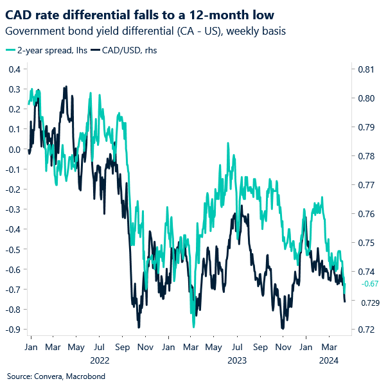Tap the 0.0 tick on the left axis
[x=13, y=149]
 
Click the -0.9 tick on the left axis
[x=12, y=329]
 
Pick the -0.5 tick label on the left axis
[x=12, y=249]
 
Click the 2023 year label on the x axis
[x=236, y=360]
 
